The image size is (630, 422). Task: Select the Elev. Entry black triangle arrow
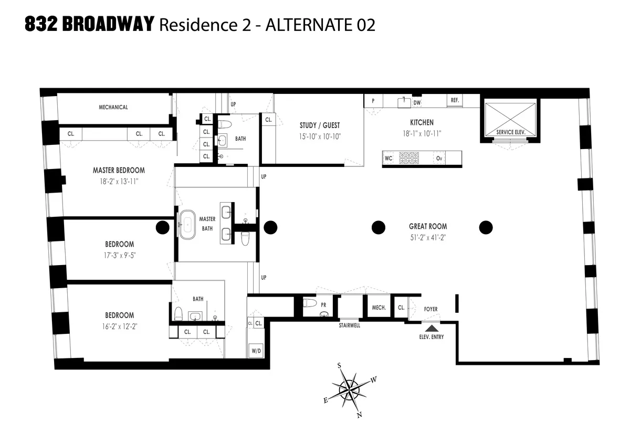tap(430, 328)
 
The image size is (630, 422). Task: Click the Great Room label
tap(428, 227)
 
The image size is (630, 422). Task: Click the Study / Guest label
tap(319, 125)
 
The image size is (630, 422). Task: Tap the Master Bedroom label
tap(119, 170)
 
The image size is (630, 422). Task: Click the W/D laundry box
tap(256, 350)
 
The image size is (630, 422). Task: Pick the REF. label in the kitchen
tap(454, 100)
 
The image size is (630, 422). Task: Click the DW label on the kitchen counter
tap(417, 103)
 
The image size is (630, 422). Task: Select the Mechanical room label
tap(113, 107)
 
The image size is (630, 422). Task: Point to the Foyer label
tap(430, 309)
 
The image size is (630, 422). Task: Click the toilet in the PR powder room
tap(310, 303)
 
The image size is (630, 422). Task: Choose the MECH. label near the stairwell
tap(379, 308)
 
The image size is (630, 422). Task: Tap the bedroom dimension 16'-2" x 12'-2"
tap(119, 326)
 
